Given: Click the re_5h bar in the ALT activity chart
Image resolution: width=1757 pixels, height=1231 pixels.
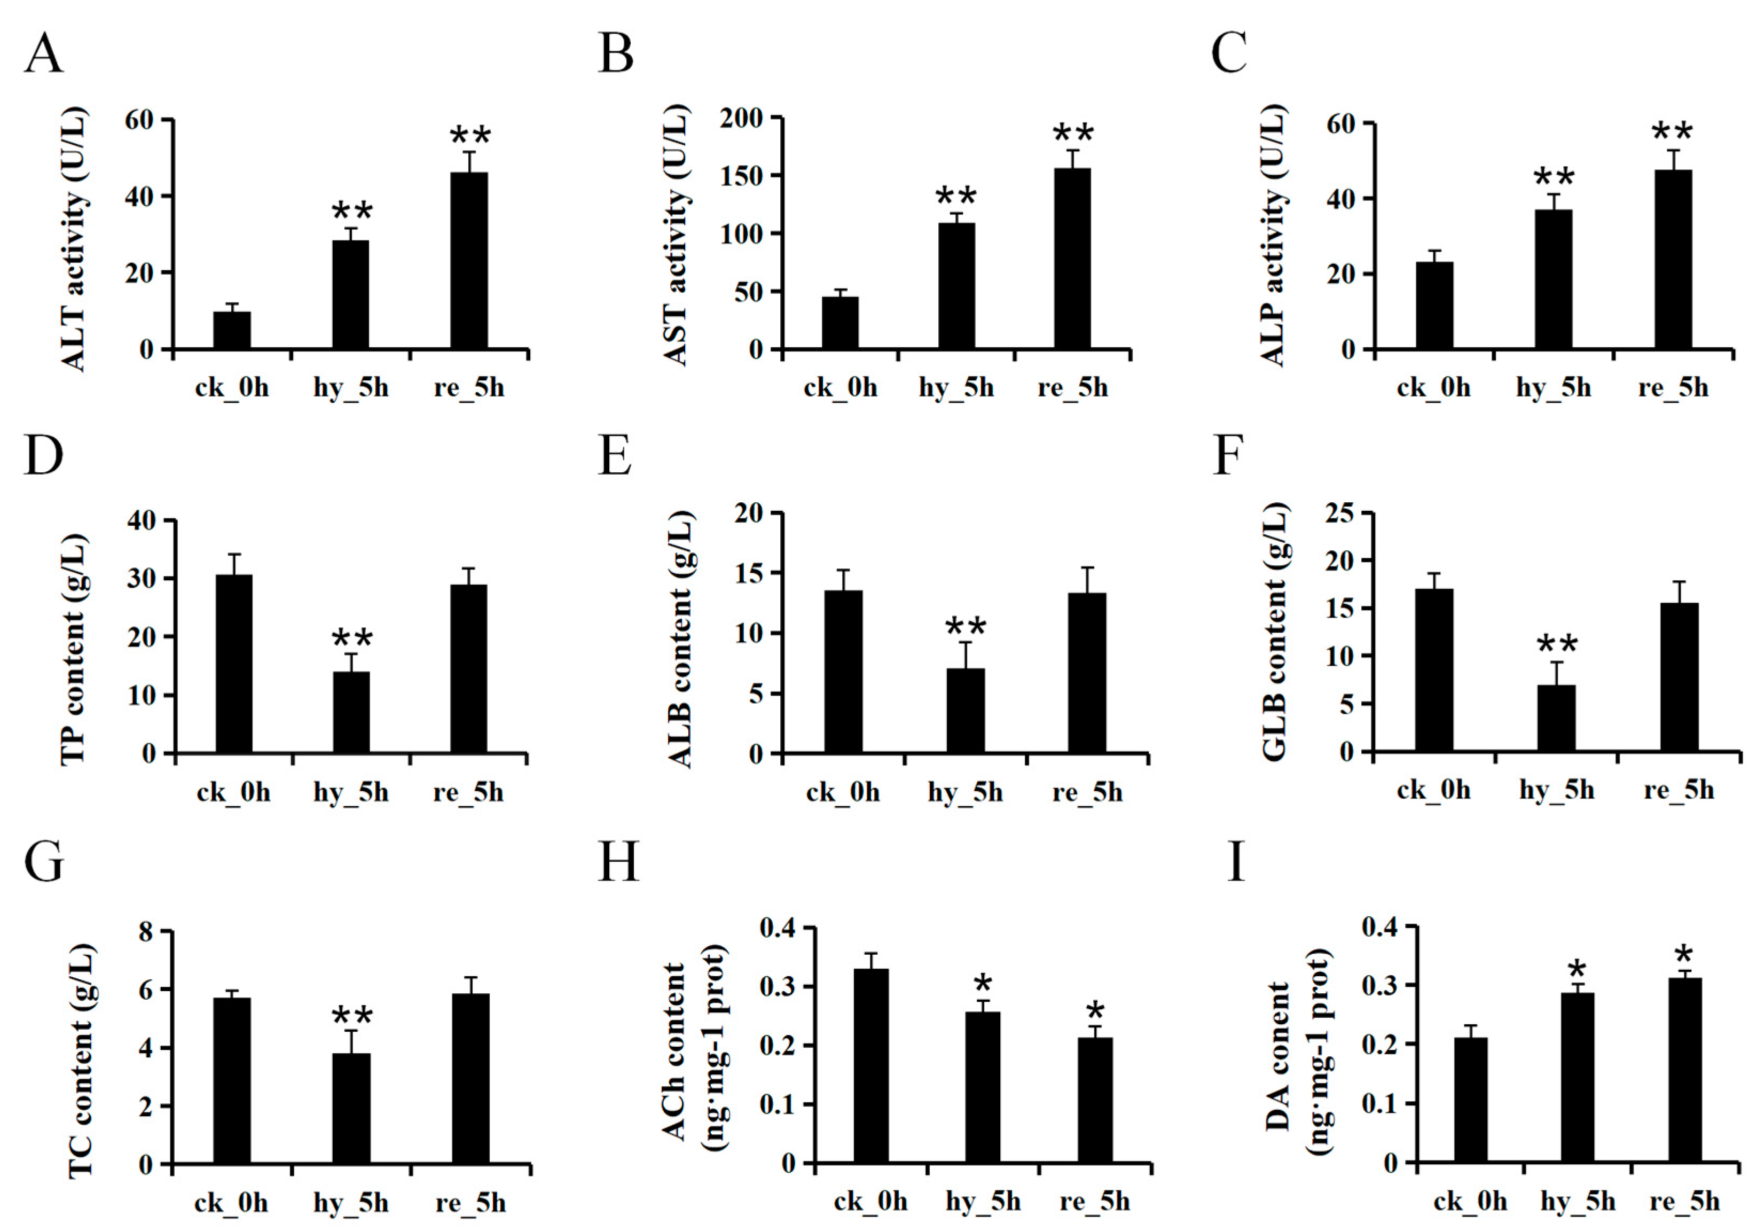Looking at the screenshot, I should [x=469, y=260].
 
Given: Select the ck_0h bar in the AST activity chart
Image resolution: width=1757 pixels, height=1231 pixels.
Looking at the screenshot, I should [x=840, y=323].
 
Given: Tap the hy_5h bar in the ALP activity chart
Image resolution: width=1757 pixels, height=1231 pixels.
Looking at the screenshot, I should [x=1554, y=279].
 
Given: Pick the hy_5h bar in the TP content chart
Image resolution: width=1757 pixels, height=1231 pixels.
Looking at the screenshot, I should [x=351, y=713].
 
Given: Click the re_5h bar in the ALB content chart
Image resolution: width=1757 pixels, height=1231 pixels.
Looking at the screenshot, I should [x=1087, y=673].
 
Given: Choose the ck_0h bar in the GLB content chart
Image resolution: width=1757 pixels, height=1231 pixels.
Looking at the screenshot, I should [x=1434, y=670].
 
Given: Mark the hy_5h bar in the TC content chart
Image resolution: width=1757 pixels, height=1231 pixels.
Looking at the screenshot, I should [x=351, y=1109].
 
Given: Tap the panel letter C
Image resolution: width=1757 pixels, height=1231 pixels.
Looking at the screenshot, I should [x=1229, y=53].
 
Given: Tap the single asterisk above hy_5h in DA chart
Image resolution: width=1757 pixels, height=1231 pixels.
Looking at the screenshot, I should [x=1577, y=969].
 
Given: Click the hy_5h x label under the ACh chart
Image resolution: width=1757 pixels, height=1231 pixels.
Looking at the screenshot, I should [x=983, y=1202].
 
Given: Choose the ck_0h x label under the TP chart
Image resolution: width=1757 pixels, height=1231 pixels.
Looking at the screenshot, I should [x=233, y=792].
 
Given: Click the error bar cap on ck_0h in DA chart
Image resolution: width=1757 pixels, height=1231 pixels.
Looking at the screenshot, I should [x=1470, y=1025].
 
